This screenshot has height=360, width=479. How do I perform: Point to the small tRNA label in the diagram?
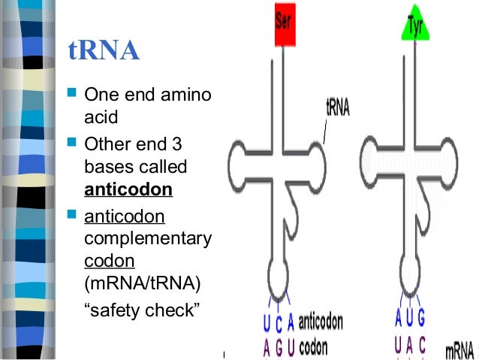(338, 107)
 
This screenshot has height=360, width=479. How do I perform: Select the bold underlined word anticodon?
(128, 190)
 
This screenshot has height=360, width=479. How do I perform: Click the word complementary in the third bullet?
(148, 239)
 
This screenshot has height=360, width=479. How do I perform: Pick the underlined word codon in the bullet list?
(109, 261)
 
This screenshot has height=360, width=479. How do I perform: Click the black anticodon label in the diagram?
(321, 322)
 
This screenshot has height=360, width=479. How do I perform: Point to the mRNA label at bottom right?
(459, 350)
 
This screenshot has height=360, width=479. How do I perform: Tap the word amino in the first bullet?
(190, 95)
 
